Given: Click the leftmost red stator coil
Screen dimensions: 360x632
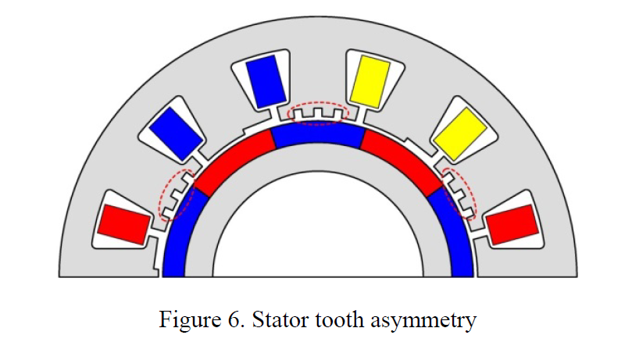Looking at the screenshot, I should [x=123, y=223].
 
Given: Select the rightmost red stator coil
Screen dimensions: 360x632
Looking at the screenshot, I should [x=512, y=223].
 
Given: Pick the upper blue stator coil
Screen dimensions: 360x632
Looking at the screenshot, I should [x=264, y=79].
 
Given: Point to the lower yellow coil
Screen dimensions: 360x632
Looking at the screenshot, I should [x=459, y=130].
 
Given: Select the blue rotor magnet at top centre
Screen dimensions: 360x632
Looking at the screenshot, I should [x=317, y=137].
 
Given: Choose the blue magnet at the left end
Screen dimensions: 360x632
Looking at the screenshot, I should [x=178, y=238].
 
